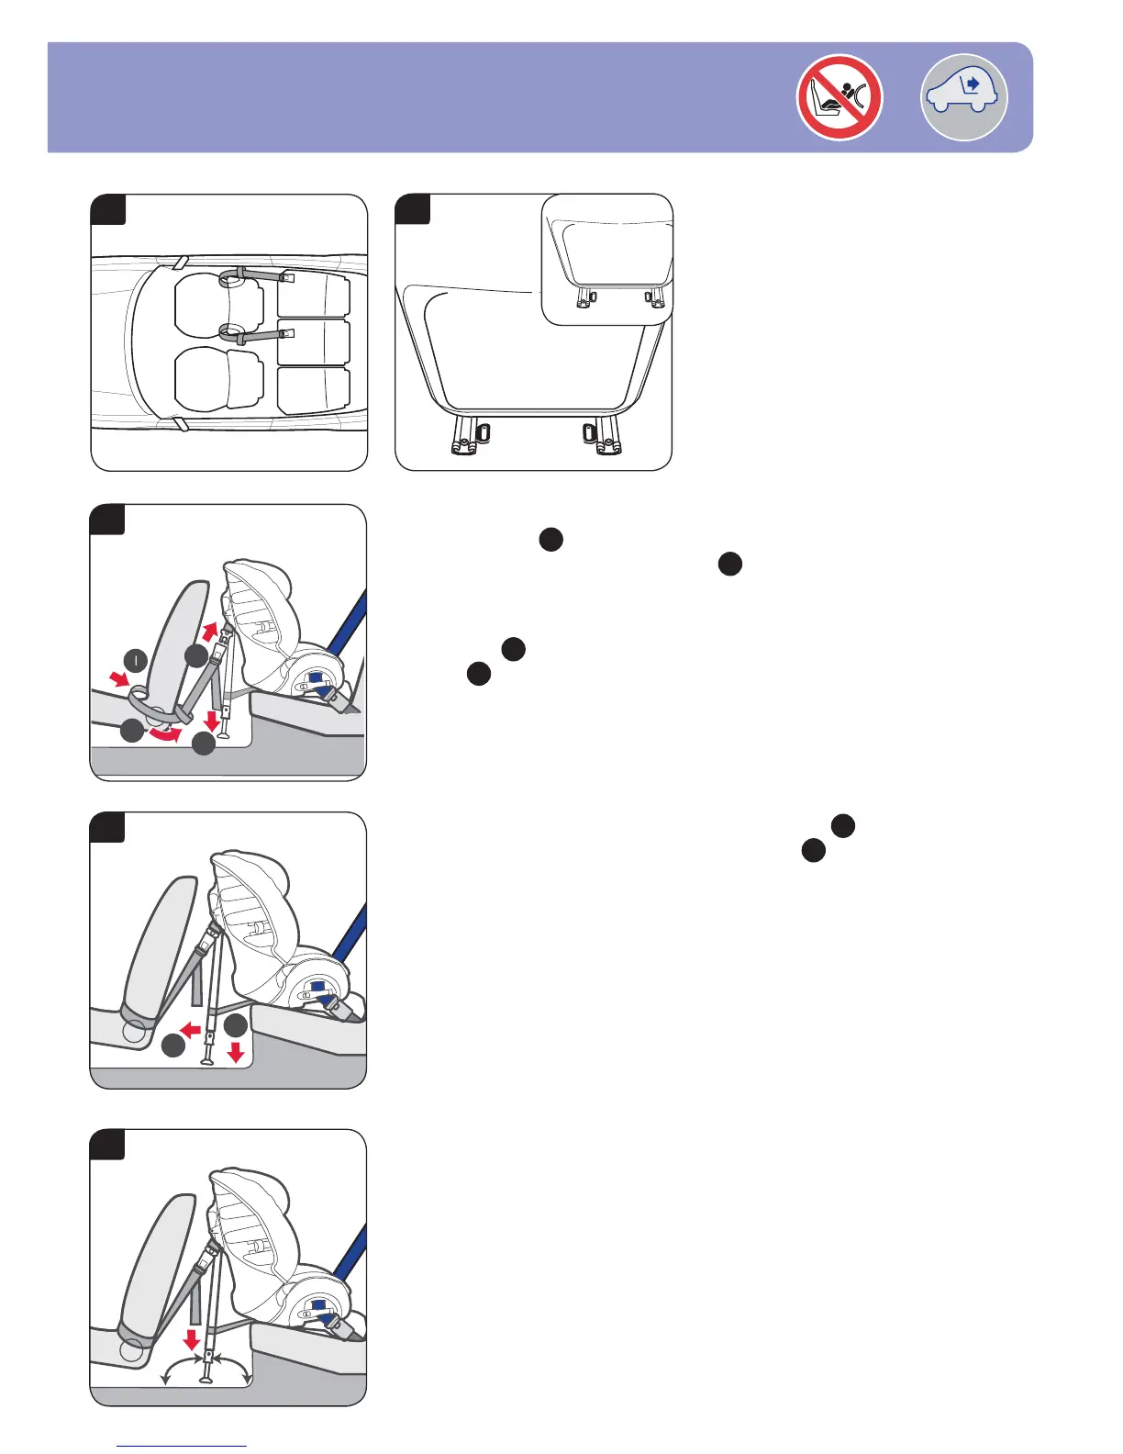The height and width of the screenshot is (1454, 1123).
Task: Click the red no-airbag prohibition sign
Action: click(839, 97)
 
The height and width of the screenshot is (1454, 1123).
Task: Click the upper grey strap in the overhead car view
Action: click(259, 274)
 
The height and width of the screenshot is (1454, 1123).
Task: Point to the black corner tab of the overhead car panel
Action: click(108, 209)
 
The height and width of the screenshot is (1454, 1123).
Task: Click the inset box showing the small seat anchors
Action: click(607, 259)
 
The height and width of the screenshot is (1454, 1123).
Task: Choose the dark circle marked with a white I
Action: click(136, 659)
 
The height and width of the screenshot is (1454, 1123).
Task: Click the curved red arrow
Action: click(165, 735)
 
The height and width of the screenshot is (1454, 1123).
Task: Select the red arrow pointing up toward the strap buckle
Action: click(210, 632)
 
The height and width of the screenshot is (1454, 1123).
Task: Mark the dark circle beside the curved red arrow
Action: click(132, 731)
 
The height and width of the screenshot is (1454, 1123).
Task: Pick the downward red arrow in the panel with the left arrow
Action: click(236, 1052)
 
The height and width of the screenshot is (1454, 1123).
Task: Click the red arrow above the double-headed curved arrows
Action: click(192, 1338)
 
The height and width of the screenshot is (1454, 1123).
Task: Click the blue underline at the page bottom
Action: click(183, 1446)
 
